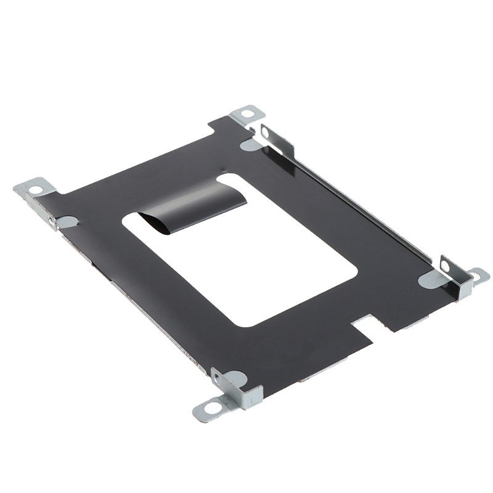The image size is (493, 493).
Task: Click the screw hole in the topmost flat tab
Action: [x=247, y=113]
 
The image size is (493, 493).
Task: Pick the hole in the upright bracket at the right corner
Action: [x=445, y=266]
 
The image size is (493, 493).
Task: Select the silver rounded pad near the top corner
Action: [x=249, y=145]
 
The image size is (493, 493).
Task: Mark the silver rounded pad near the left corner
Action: [x=67, y=221]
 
